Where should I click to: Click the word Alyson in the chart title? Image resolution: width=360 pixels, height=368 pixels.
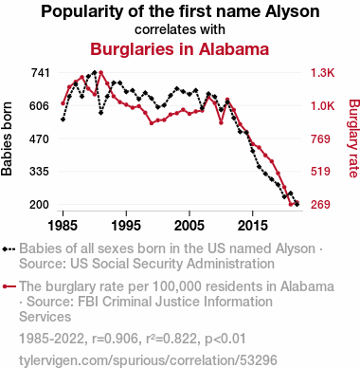tap(292, 11)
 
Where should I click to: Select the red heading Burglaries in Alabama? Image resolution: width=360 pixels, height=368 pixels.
tap(180, 49)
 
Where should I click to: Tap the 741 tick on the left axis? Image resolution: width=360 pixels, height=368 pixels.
tap(40, 73)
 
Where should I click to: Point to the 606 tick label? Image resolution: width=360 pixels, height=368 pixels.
tap(40, 106)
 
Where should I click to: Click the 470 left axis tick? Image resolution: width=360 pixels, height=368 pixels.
tap(40, 138)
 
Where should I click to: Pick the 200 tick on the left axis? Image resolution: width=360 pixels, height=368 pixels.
tap(40, 205)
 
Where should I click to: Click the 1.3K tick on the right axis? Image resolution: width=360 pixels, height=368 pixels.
tap(322, 73)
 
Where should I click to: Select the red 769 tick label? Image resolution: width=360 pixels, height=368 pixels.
tap(320, 138)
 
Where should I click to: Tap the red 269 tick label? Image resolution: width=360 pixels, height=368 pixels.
tap(320, 205)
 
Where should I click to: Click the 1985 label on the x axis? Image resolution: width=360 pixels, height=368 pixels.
tap(63, 226)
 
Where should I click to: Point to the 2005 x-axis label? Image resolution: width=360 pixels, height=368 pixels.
tap(189, 226)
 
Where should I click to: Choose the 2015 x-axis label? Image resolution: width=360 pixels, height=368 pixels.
tap(252, 226)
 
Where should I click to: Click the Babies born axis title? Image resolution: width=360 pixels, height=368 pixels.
tap(7, 138)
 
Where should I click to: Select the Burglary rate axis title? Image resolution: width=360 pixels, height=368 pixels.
tap(354, 138)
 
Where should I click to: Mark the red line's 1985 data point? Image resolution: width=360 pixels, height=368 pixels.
tap(63, 103)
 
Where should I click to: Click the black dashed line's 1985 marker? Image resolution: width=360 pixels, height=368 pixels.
tap(63, 120)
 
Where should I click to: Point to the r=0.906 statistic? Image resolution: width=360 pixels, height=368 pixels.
tap(116, 339)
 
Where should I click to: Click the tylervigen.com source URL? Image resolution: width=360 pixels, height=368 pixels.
tap(148, 360)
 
